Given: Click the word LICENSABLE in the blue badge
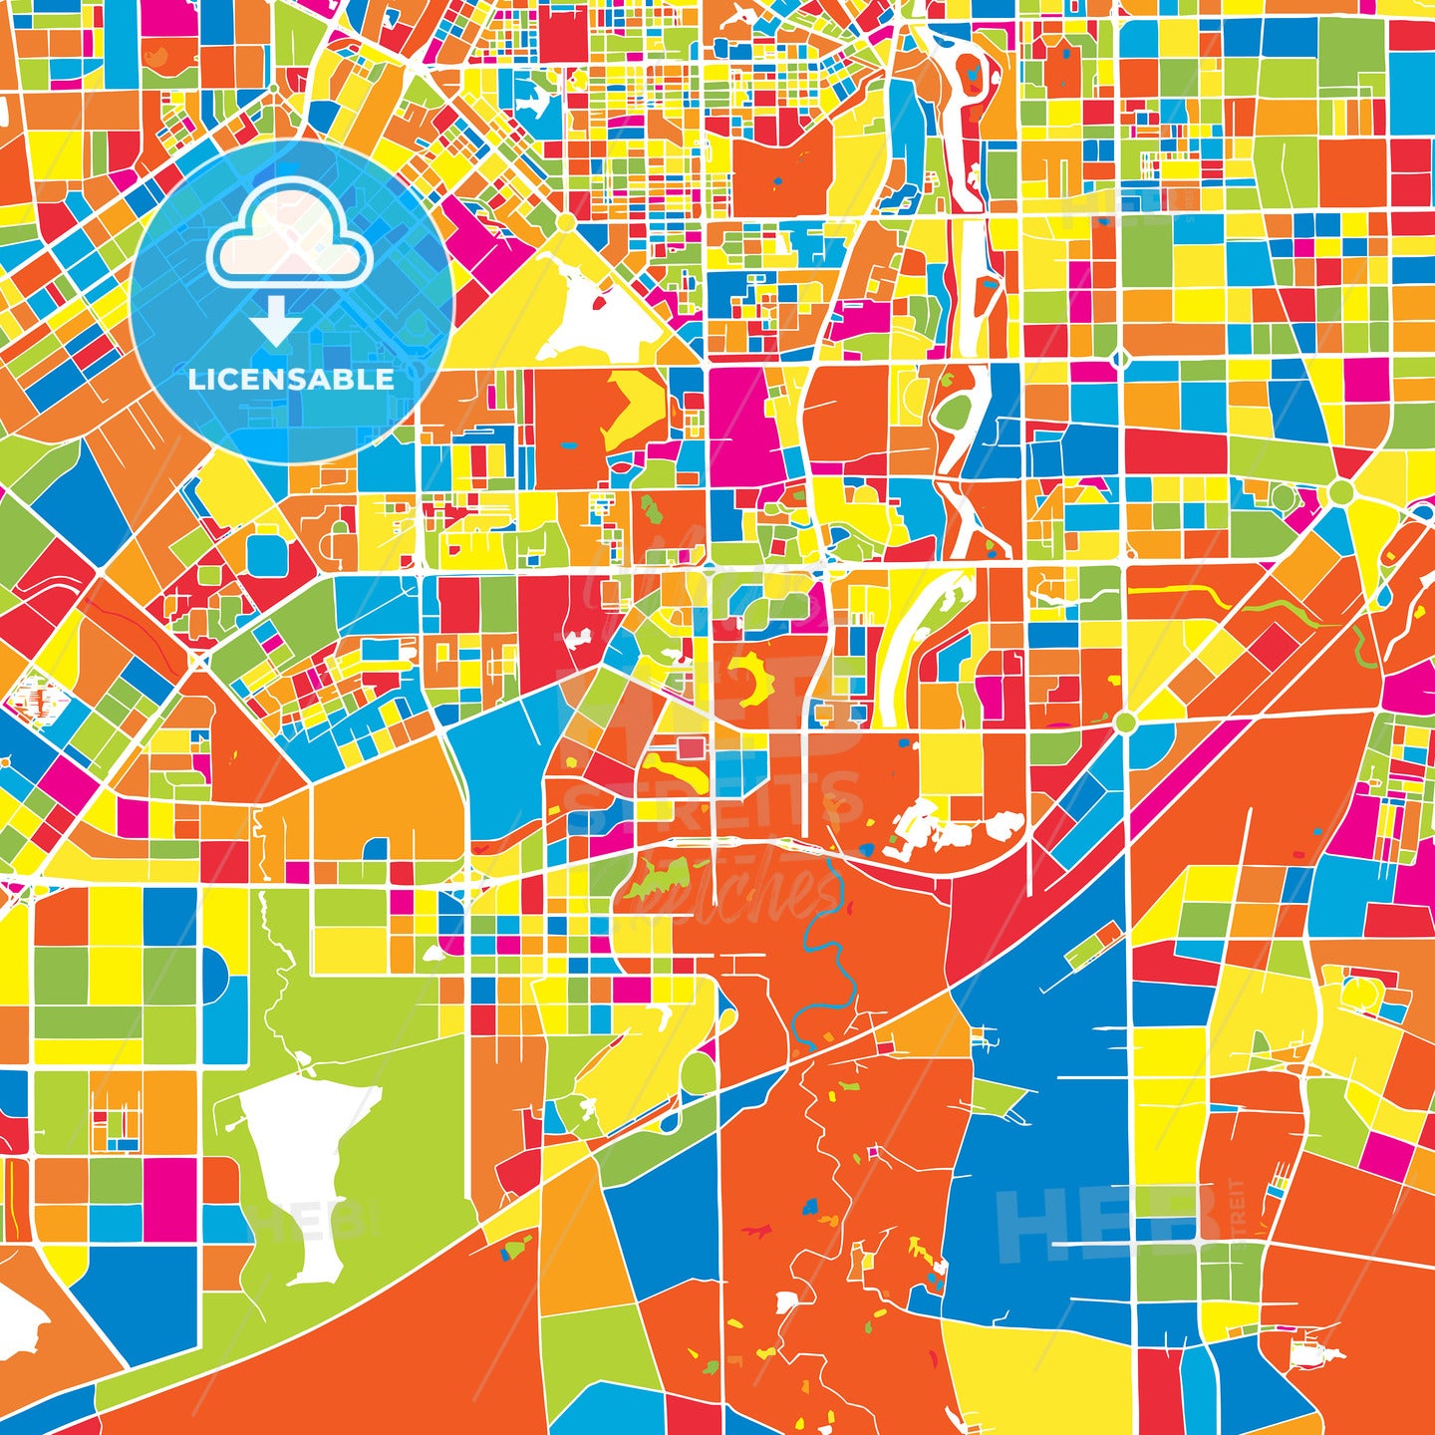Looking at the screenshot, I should click(x=291, y=380).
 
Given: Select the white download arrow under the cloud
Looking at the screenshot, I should click(x=276, y=322).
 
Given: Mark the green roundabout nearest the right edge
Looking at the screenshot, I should click(x=1341, y=492).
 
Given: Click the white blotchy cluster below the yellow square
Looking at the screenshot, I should click(x=942, y=827).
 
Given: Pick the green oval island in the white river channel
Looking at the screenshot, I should click(x=955, y=411).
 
